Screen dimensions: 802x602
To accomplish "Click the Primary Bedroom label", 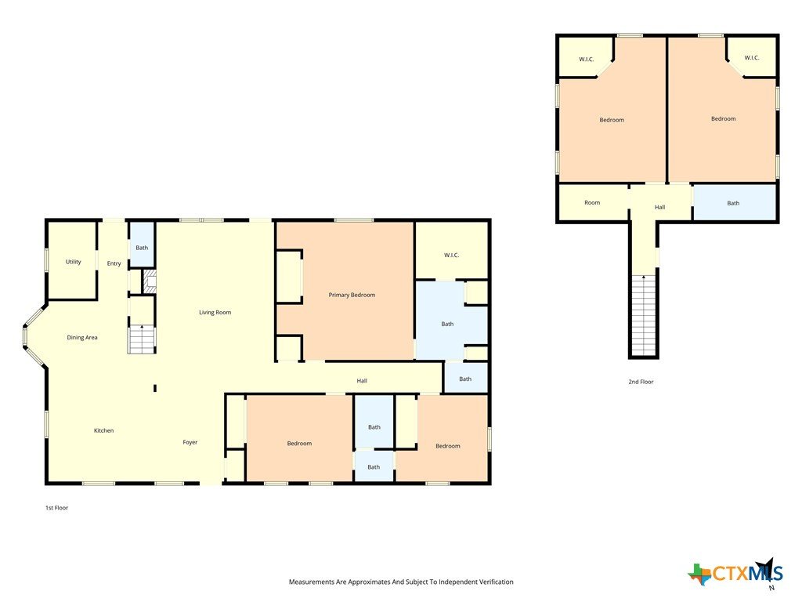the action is point(352,295).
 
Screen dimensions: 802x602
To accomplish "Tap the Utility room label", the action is point(73,262).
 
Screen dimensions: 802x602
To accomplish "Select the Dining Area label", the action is point(81,337).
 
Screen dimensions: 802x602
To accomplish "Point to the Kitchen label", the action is point(103,430).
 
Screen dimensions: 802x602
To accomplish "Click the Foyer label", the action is point(190,442).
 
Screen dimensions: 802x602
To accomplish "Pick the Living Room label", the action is point(215,312).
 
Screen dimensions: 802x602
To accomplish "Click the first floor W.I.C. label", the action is point(451,255).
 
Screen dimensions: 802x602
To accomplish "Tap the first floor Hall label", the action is point(362,381).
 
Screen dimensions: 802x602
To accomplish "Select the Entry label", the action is point(114,263).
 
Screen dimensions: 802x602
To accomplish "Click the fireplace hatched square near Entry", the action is point(149,281).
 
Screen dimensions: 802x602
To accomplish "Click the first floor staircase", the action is point(141,339).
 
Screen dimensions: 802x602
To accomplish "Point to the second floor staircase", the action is point(644,315).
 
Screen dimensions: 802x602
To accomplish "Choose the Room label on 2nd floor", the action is point(592,203).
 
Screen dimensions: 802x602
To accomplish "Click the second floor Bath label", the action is point(733,203).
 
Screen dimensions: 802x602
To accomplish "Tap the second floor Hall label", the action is point(659,207).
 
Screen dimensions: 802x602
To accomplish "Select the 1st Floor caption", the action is point(56,508).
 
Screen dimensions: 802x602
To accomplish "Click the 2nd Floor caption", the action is point(641,382).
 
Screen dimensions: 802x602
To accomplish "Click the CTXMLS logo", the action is point(735,573).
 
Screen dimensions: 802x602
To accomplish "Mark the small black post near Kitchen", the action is point(155,389).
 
